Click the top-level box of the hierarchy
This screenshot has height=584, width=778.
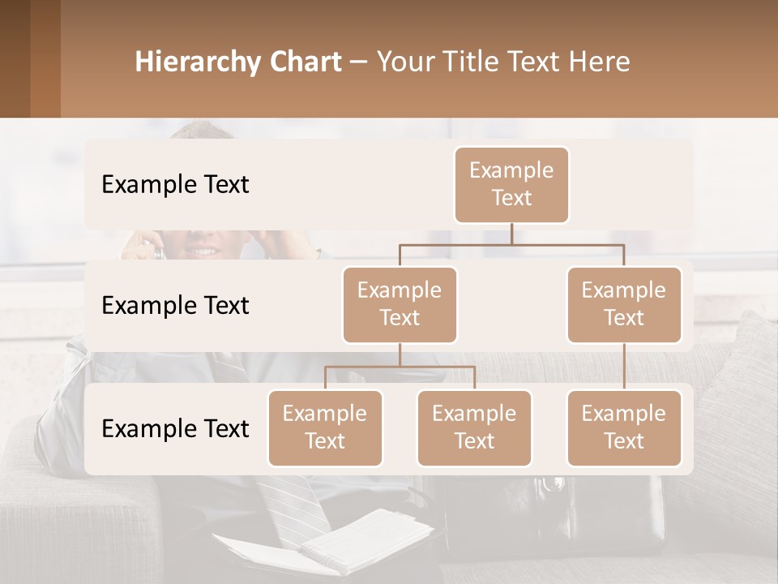(511, 184)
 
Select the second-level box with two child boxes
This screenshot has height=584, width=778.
(400, 304)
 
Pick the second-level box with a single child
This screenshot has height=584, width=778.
(624, 304)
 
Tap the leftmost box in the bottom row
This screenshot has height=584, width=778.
(325, 427)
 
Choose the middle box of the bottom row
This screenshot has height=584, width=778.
(474, 427)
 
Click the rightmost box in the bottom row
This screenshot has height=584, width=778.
(624, 427)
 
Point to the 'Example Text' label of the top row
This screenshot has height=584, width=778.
(175, 184)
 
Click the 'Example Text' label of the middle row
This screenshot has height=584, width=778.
(175, 305)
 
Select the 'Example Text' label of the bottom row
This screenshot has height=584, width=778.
(175, 428)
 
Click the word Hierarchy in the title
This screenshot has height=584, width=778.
(196, 62)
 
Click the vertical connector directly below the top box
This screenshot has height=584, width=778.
(511, 234)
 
